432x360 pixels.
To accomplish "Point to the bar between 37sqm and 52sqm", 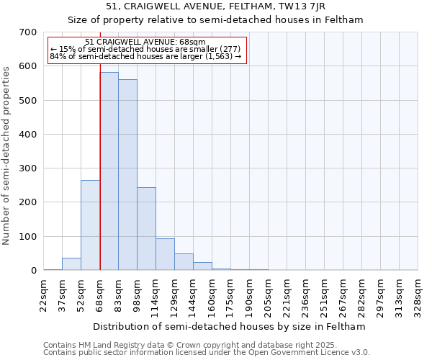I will pyautogui.click(x=71, y=264).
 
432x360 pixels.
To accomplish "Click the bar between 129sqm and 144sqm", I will pyautogui.click(x=184, y=262).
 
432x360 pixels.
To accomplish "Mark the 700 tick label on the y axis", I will pyautogui.click(x=27, y=32).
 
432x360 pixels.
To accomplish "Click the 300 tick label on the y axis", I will pyautogui.click(x=27, y=168).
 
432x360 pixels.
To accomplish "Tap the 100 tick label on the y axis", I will pyautogui.click(x=27, y=237).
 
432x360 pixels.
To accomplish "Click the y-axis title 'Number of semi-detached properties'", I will pyautogui.click(x=7, y=156).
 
